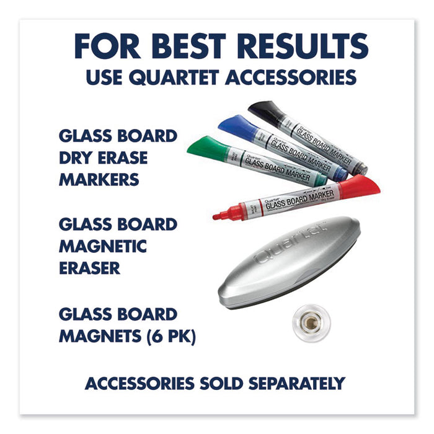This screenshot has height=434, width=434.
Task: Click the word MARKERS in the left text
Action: (99, 180)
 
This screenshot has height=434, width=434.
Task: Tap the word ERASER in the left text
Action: (91, 268)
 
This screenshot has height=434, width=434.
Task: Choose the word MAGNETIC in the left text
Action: (103, 246)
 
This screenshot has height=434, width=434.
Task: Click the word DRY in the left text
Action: (77, 158)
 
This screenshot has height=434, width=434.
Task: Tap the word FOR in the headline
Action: (104, 47)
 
